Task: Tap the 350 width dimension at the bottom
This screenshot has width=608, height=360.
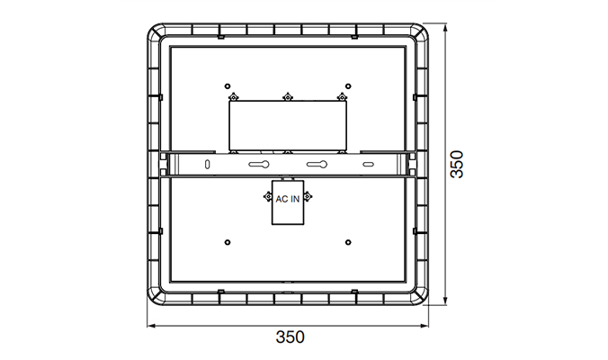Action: tap(290, 338)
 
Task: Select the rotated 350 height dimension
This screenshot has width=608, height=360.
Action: tap(457, 165)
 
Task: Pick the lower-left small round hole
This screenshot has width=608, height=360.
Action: tap(228, 242)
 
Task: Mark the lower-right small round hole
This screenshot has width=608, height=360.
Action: tap(348, 242)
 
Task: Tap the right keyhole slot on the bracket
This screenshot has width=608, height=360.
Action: tap(316, 165)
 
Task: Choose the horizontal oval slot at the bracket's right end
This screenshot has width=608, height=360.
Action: tap(368, 165)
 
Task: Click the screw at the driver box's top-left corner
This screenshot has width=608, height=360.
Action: tap(233, 97)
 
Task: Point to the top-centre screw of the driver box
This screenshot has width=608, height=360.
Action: tap(287, 97)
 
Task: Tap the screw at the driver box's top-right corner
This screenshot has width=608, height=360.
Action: tap(341, 97)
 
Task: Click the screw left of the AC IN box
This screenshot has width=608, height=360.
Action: tap(266, 196)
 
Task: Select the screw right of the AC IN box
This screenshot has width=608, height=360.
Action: tap(308, 196)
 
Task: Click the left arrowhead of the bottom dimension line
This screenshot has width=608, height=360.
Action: tap(151, 325)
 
